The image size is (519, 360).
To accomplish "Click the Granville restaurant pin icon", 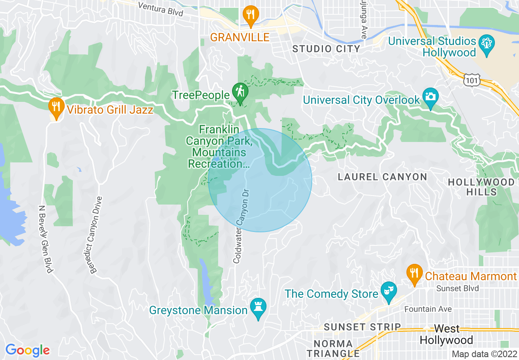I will point(250,15).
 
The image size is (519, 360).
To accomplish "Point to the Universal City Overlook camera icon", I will point(431,97).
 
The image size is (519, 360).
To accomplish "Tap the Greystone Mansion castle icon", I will point(258,308).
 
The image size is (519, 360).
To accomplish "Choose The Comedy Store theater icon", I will point(388,291).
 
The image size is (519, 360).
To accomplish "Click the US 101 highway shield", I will point(472,80).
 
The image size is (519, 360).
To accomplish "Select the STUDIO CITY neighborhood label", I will point(326,49).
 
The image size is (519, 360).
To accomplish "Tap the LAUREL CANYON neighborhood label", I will point(382,177).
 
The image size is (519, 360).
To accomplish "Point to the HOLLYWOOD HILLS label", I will point(481,187).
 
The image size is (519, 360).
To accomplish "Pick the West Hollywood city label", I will point(447,334).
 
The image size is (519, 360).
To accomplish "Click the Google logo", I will point(27,350).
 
